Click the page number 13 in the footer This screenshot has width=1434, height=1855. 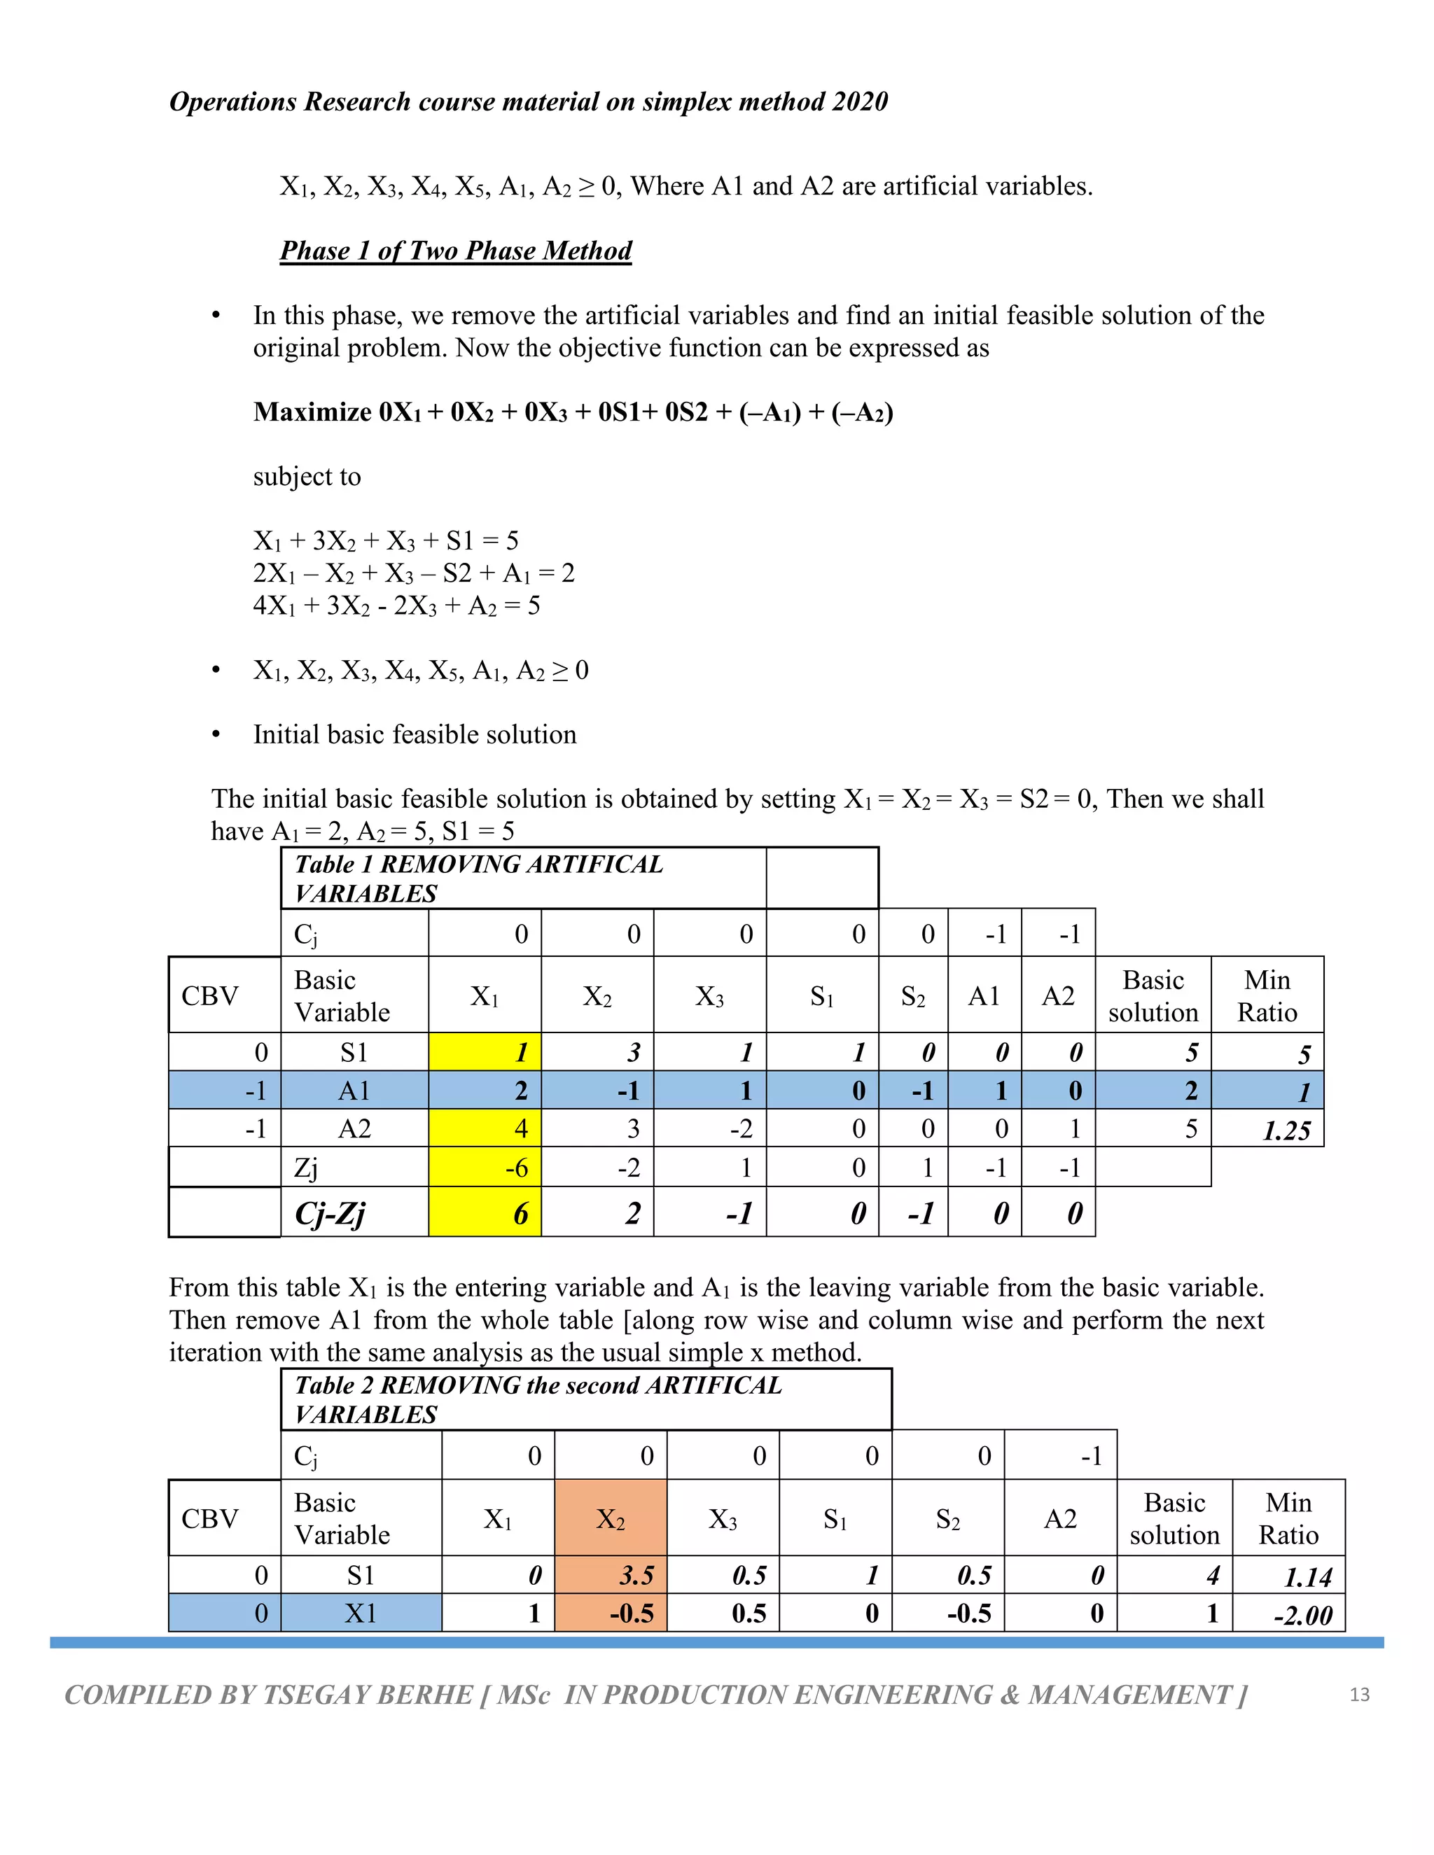click(1359, 1695)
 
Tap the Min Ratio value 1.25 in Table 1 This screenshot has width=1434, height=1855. click(1286, 1130)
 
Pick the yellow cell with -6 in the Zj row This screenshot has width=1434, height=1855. click(485, 1168)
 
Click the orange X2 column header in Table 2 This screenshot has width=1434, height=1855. click(610, 1519)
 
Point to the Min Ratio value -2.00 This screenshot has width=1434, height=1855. click(1302, 1615)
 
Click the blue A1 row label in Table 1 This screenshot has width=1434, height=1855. click(354, 1091)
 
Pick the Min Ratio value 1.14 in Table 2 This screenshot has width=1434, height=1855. click(1307, 1577)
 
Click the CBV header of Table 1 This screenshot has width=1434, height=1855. click(210, 995)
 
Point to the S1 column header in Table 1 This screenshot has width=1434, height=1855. click(821, 995)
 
